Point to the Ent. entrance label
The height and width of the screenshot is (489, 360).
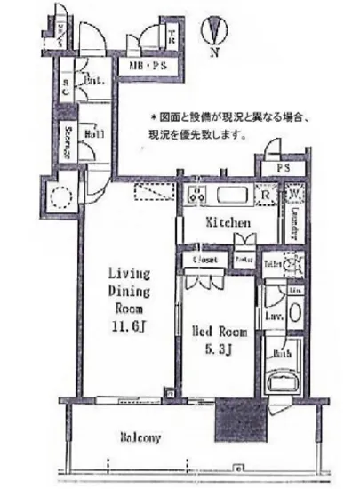(x=95, y=83)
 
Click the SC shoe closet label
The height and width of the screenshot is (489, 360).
(x=67, y=88)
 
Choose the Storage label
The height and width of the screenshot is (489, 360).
(x=68, y=140)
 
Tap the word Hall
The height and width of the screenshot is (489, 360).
(x=95, y=135)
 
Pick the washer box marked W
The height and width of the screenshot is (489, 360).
(x=293, y=194)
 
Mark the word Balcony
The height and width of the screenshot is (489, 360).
(x=140, y=437)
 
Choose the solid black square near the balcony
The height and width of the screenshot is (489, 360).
(x=237, y=415)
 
